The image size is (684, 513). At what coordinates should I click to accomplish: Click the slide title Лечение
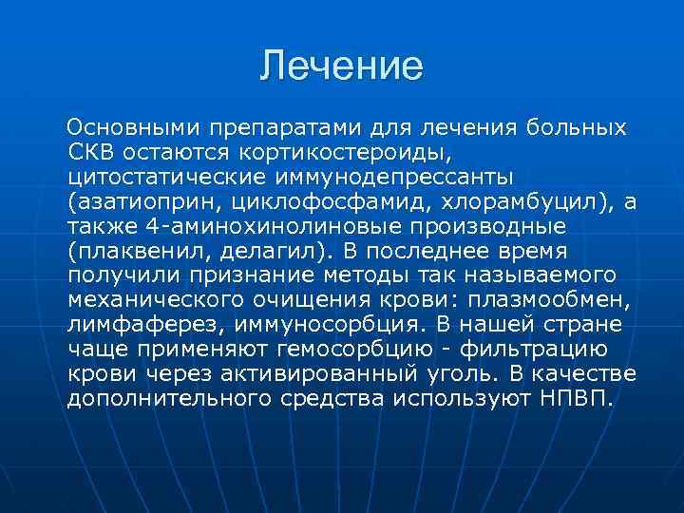(342, 66)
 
